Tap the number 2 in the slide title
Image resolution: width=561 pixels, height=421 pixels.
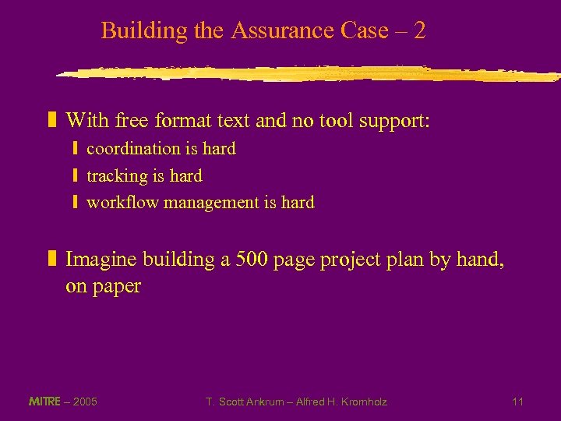tap(420, 31)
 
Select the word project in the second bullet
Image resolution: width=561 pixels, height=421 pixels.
tap(348, 260)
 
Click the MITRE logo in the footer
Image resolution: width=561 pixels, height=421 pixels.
tap(44, 402)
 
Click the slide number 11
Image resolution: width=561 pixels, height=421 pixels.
tap(518, 402)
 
